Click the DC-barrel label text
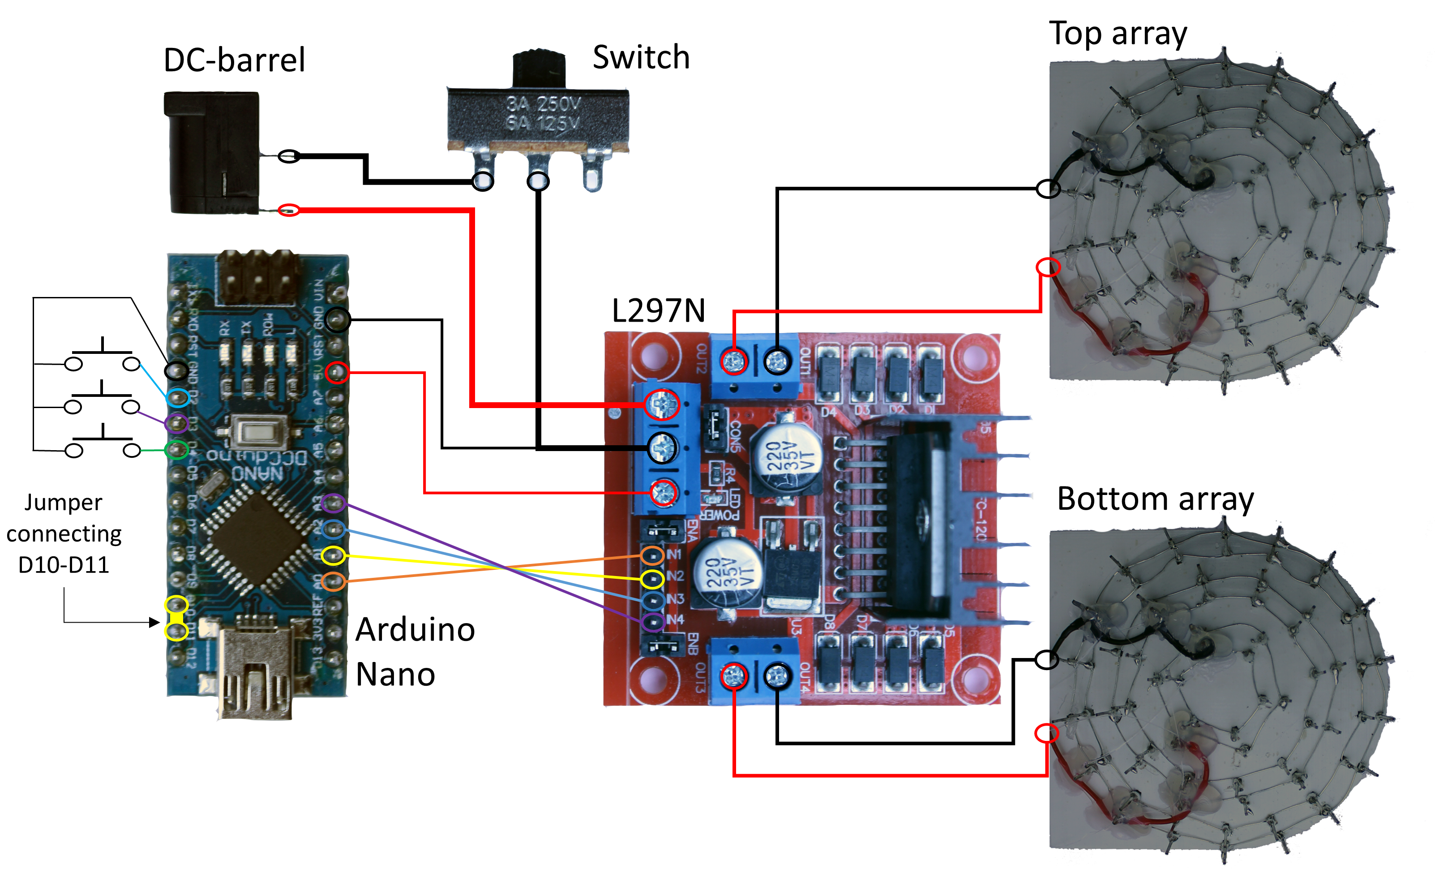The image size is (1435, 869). tap(234, 60)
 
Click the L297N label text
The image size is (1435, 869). tap(658, 311)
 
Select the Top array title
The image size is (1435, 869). tap(1118, 34)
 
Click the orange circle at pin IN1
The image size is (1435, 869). tap(652, 555)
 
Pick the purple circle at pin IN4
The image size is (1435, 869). tap(653, 622)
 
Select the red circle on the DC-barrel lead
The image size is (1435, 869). tap(289, 210)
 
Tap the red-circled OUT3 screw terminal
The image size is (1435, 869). tap(734, 676)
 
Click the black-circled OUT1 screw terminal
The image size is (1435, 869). tap(777, 361)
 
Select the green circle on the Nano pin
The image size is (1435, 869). tap(176, 449)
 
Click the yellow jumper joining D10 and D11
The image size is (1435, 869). tap(176, 618)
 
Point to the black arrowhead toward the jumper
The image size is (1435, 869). tap(154, 623)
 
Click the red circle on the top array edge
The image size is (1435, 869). tap(1047, 267)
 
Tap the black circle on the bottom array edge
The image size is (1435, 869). tap(1046, 659)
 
